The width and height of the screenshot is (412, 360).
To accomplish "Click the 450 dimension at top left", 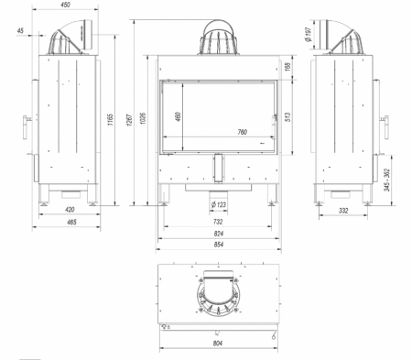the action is tap(65, 5).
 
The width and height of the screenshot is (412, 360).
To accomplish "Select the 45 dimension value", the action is tap(20, 30).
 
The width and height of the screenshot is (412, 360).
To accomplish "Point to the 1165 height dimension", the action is tap(110, 119).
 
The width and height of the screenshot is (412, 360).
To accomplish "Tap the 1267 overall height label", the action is tap(129, 120).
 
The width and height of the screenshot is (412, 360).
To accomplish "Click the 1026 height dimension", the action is tap(143, 118).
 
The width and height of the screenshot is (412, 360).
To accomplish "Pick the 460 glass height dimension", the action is tap(178, 116).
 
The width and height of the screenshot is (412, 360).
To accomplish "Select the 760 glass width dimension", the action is tap(242, 132).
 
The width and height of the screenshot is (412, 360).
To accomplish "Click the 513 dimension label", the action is tap(287, 117).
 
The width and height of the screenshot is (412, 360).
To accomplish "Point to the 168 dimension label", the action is tap(287, 65).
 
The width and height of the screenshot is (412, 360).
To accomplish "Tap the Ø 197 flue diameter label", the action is tap(308, 34).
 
